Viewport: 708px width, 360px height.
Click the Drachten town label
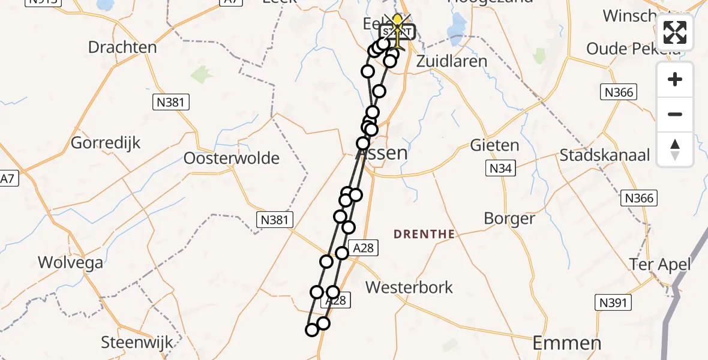pyautogui.click(x=122, y=47)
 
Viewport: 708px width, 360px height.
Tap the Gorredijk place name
pyautogui.click(x=106, y=143)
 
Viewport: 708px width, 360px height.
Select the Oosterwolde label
pyautogui.click(x=232, y=158)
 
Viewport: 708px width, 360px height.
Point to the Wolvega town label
pyautogui.click(x=70, y=262)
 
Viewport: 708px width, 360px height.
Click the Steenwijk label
pyautogui.click(x=137, y=343)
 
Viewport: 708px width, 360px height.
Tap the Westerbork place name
pyautogui.click(x=409, y=287)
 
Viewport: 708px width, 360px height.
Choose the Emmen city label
pyautogui.click(x=567, y=343)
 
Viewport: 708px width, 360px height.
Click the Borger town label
pyautogui.click(x=509, y=218)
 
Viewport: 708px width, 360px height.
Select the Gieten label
pyautogui.click(x=494, y=145)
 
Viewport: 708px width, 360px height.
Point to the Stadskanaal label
pyautogui.click(x=605, y=155)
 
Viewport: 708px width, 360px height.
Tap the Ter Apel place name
pyautogui.click(x=660, y=264)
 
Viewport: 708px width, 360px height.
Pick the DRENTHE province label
pyautogui.click(x=424, y=234)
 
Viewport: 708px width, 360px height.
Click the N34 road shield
pyautogui.click(x=500, y=169)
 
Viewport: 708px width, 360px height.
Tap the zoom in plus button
pyautogui.click(x=675, y=79)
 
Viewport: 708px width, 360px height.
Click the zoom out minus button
pyautogui.click(x=675, y=114)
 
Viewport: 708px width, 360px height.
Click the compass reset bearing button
pyautogui.click(x=675, y=149)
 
